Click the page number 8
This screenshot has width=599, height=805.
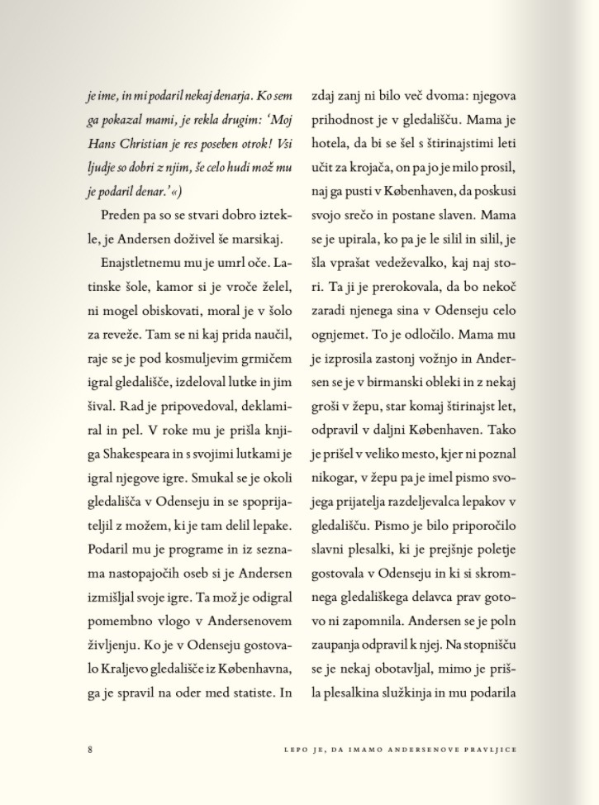[89, 749]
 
